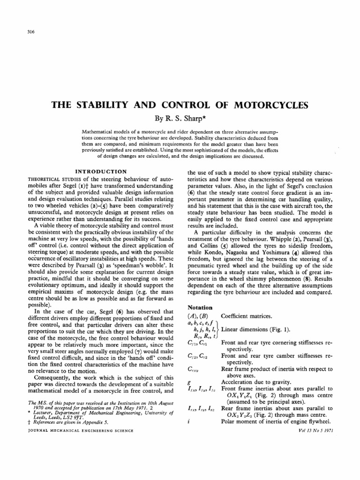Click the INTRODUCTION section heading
[102, 172]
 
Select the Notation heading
[200, 307]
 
